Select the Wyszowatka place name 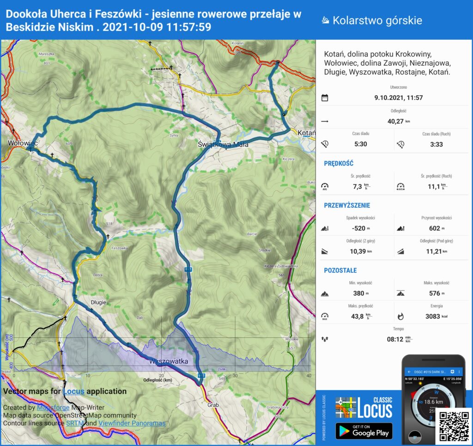click(169, 361)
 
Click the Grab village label click(213, 405)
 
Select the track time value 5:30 click(360, 144)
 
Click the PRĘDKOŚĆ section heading click(339, 163)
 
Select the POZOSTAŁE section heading click(340, 270)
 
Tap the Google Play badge click(364, 431)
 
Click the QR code click(454, 425)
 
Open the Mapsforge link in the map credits click(52, 408)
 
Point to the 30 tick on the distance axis click(235, 375)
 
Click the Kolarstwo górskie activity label click(377, 20)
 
